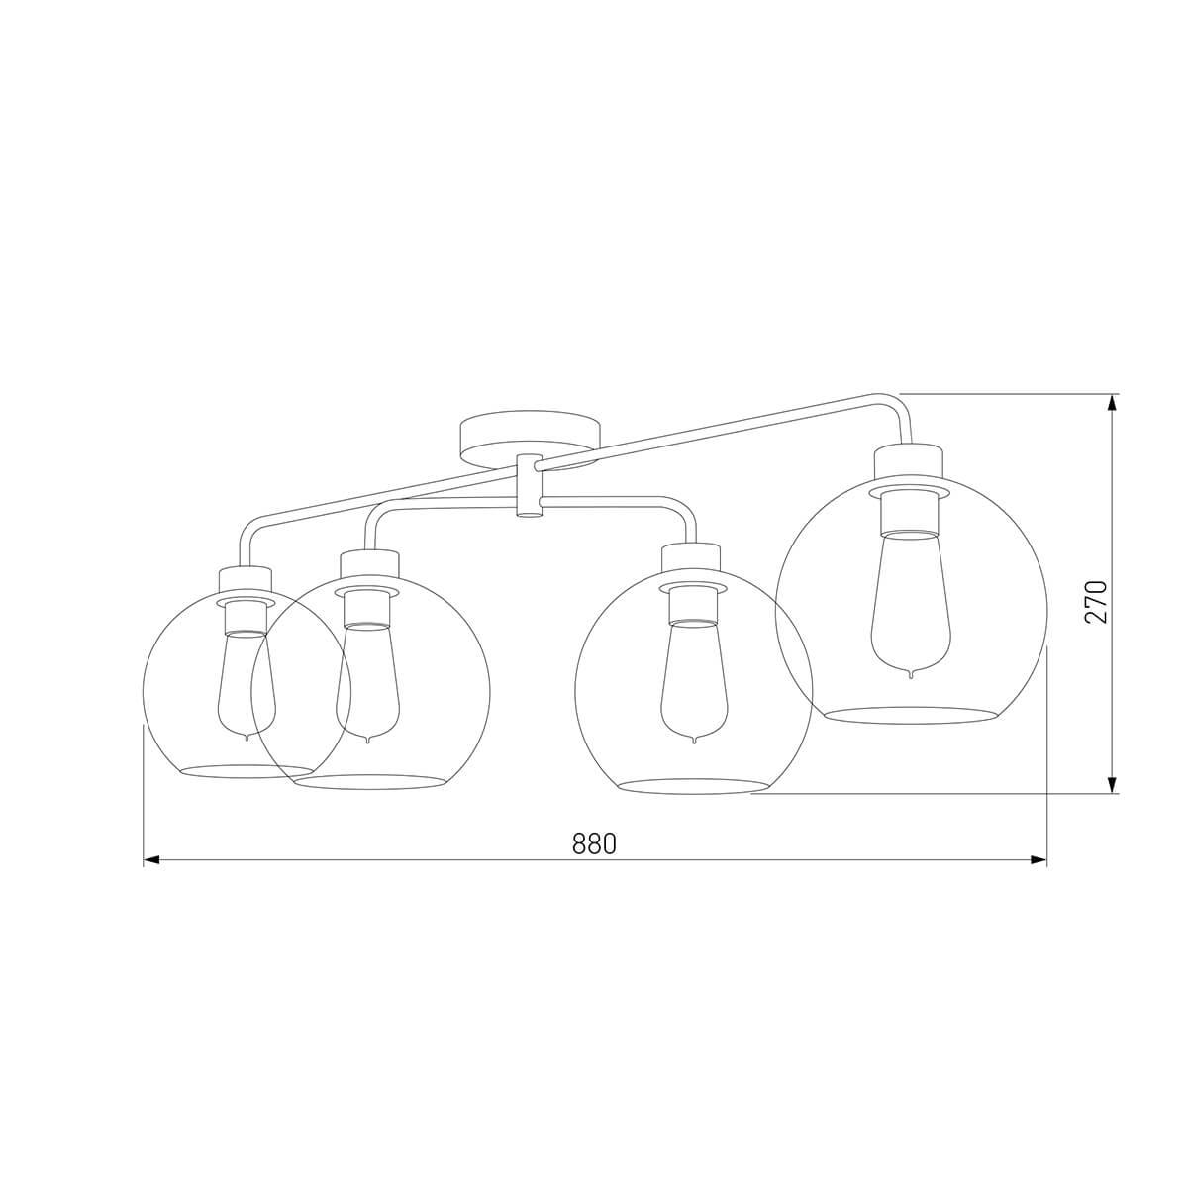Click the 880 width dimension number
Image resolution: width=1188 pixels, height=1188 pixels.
pyautogui.click(x=594, y=843)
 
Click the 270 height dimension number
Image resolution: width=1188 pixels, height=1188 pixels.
pyautogui.click(x=1096, y=601)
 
